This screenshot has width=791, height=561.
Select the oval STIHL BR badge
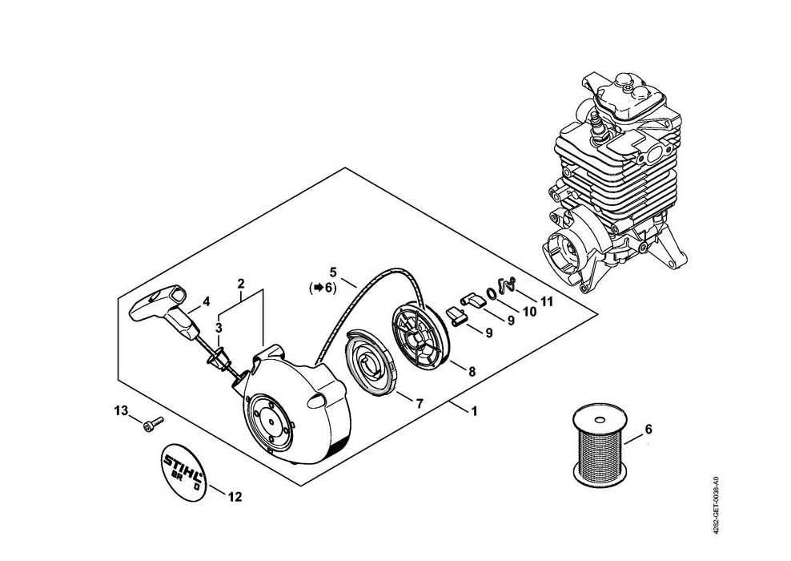183,473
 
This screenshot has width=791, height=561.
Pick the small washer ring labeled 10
490,293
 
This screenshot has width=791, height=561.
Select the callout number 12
235,497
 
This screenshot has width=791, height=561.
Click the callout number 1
474,412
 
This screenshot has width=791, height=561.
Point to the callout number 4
206,302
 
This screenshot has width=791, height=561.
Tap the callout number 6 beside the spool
648,430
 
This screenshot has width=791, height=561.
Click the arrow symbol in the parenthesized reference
318,288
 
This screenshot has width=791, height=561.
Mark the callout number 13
121,410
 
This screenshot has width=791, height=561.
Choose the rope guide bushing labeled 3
219,357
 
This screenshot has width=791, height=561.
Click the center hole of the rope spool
599,419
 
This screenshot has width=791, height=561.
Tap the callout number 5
333,271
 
